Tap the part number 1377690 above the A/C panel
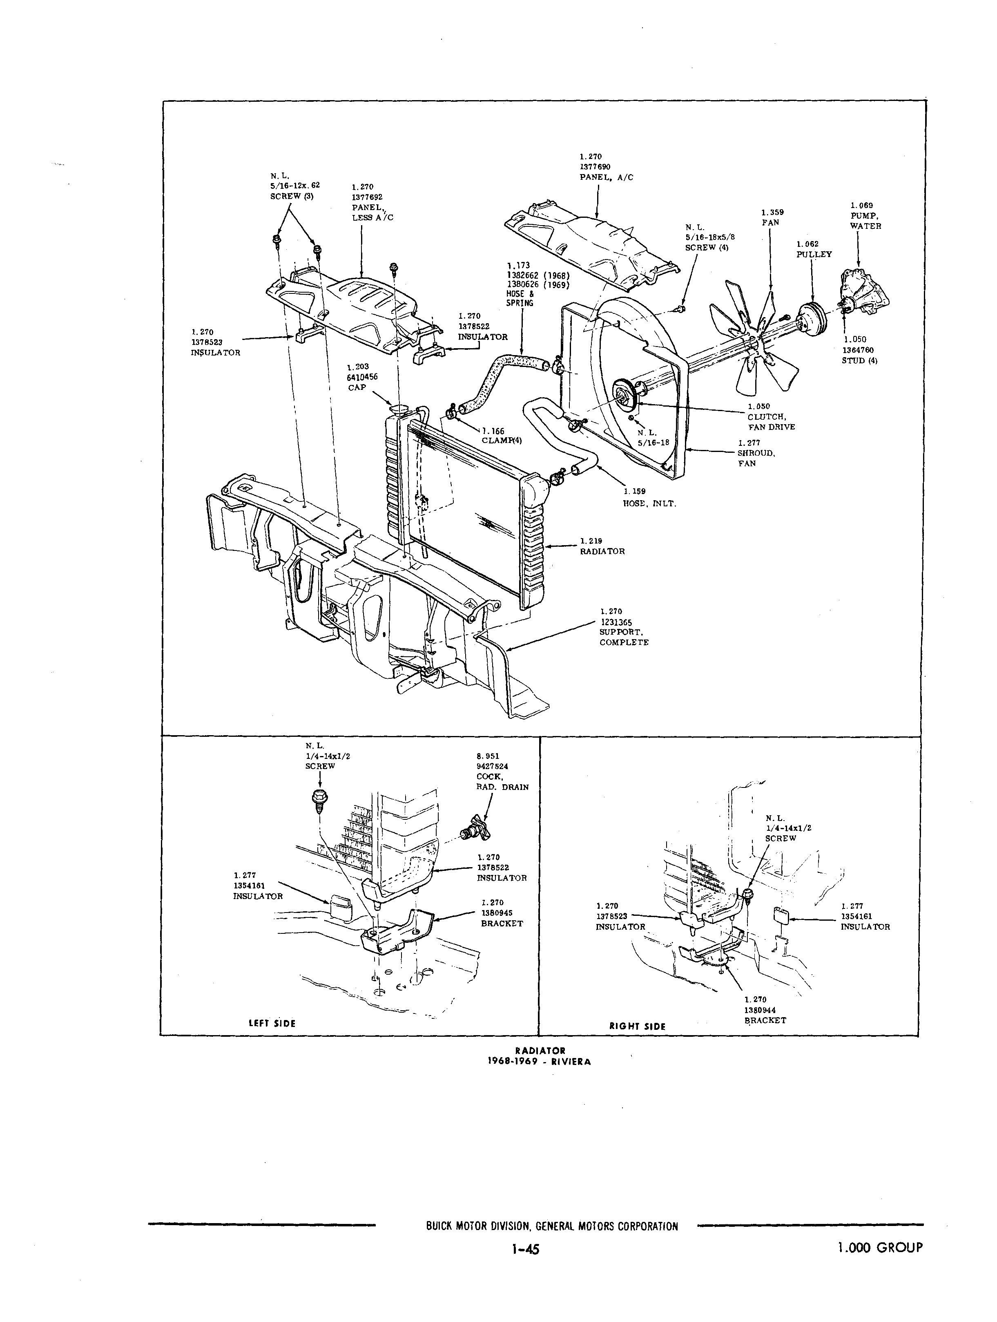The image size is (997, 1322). point(594,167)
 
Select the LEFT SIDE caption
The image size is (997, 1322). point(272,1023)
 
